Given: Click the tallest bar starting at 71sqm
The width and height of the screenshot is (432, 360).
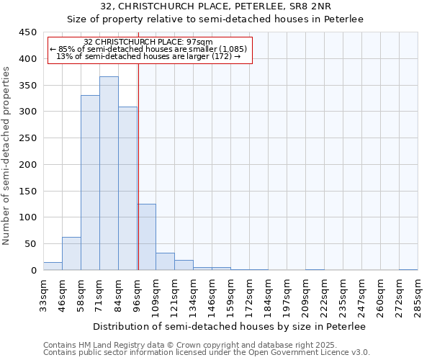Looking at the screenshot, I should click(109, 173).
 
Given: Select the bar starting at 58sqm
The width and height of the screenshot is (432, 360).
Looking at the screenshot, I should click(90, 183).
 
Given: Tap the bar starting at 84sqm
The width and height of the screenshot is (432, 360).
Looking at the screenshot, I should click(127, 189).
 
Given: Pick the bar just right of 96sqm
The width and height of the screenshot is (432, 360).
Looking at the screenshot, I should click(146, 237).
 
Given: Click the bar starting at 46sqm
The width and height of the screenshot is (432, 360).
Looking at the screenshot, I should click(71, 253).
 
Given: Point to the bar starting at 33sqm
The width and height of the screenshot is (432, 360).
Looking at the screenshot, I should click(53, 266).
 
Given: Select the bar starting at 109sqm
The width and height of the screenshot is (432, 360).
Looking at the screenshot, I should click(165, 262).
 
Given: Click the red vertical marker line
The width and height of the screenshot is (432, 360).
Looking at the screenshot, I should click(138, 158).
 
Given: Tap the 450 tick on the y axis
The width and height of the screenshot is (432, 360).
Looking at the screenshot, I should click(28, 32).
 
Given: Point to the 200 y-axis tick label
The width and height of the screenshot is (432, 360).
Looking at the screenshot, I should click(28, 165).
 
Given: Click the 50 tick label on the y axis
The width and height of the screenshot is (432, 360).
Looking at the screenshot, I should click(31, 244).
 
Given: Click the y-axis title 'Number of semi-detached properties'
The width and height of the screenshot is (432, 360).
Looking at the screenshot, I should click(7, 156).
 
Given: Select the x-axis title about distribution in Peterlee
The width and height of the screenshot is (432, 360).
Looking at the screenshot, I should click(230, 326).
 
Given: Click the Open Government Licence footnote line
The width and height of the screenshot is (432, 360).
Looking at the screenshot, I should click(207, 352).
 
